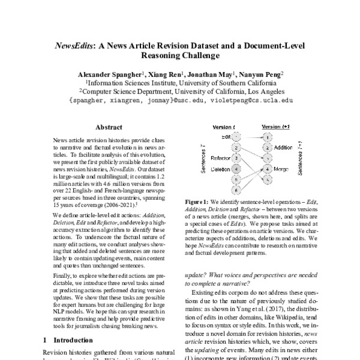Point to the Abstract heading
(x=109, y=127)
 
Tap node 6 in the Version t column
(x=237, y=190)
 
